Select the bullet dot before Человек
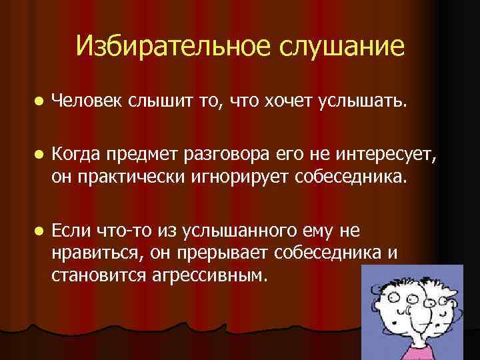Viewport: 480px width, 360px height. click(x=39, y=101)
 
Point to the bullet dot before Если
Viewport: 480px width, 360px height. click(x=39, y=231)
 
